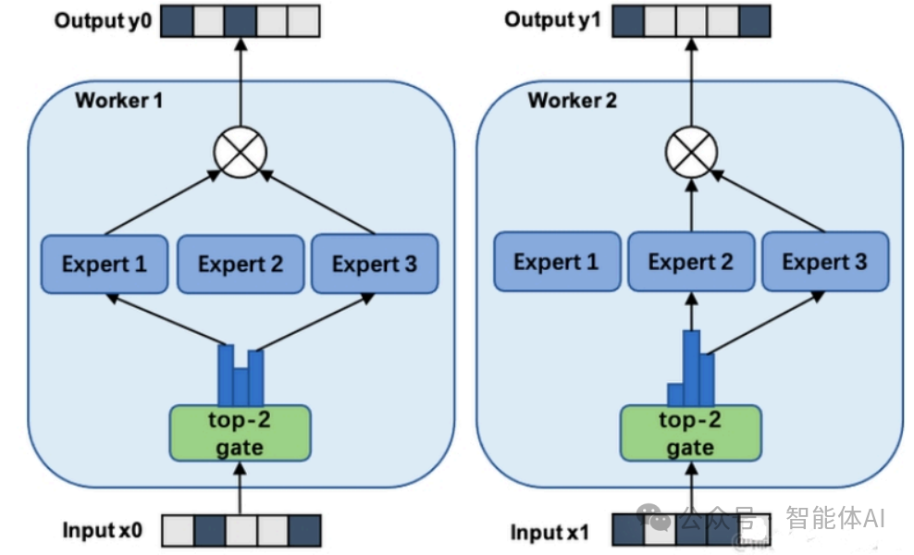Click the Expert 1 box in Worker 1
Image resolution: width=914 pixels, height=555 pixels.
pos(104,265)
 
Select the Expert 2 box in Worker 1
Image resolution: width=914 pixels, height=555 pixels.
pos(240,265)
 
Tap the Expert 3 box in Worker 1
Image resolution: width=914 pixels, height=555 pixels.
pos(374,265)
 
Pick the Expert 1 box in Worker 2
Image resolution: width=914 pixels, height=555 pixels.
pos(555,262)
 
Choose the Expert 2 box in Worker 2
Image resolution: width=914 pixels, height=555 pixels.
pos(690,262)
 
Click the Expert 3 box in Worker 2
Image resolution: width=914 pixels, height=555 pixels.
pos(824,262)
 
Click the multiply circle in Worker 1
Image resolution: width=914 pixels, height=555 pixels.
pos(240,151)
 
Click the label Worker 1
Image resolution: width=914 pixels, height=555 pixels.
pos(118,100)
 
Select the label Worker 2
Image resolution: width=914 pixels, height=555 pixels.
pos(572,100)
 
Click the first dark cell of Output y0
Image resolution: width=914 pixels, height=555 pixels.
pos(178,20)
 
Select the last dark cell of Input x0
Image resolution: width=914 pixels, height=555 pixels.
pos(304,531)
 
